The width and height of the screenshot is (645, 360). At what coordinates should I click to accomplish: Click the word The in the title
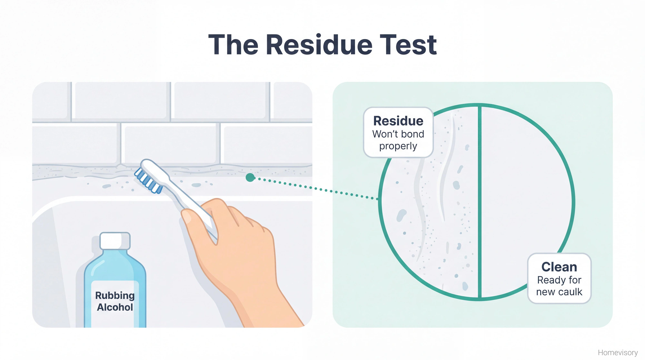[x=233, y=45]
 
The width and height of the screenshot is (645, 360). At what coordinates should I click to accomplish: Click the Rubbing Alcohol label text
[x=115, y=301]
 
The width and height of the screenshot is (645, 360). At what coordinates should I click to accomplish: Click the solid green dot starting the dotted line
[x=250, y=177]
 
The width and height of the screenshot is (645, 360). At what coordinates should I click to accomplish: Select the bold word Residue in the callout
[x=398, y=121]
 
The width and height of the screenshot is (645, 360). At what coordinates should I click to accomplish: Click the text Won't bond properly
[x=398, y=140]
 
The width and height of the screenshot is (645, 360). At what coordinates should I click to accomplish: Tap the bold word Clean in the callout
[x=559, y=267]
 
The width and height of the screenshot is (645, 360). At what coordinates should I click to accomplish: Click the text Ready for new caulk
[x=559, y=286]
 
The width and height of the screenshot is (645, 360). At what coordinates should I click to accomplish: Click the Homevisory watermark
[x=618, y=353]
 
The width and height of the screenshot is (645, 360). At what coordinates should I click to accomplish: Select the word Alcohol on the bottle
[x=115, y=307]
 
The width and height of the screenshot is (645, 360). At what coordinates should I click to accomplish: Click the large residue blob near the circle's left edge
[x=401, y=215]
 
